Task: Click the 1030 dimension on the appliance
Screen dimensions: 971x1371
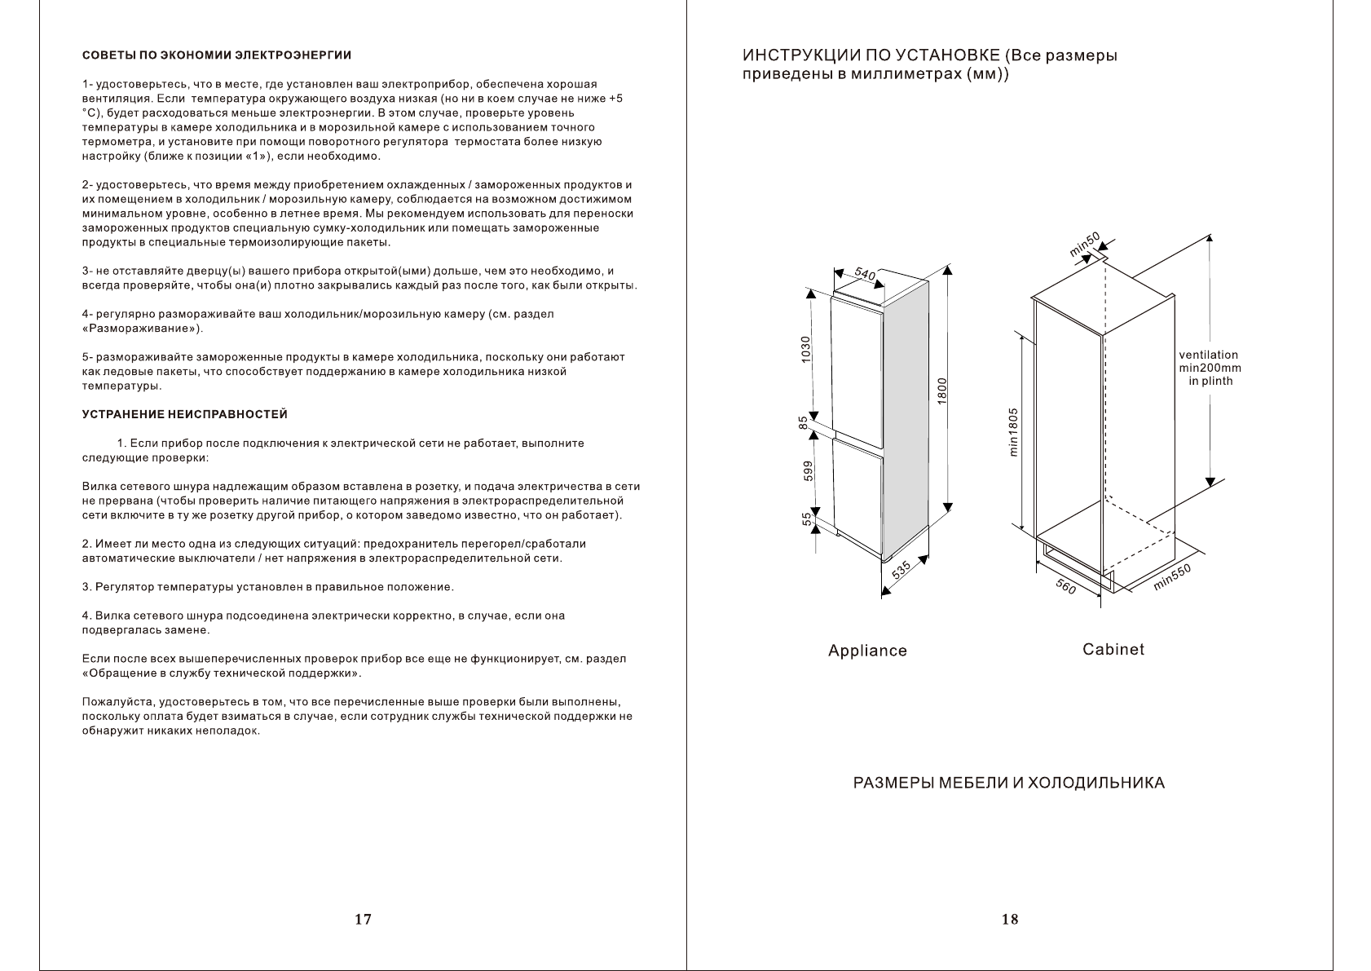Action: pyautogui.click(x=805, y=350)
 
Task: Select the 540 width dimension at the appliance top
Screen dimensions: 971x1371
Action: pyautogui.click(x=865, y=275)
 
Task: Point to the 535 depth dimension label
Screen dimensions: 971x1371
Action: pyautogui.click(x=901, y=571)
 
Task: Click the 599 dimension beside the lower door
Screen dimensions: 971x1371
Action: pyautogui.click(x=807, y=472)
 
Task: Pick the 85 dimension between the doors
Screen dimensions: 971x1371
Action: pyautogui.click(x=804, y=423)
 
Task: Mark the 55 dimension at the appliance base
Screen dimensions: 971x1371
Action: pyautogui.click(x=807, y=519)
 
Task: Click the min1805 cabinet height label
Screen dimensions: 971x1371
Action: pyautogui.click(x=1014, y=432)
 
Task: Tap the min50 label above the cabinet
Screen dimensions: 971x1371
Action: pyautogui.click(x=1085, y=245)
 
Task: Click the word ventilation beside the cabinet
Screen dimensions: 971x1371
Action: pyautogui.click(x=1208, y=355)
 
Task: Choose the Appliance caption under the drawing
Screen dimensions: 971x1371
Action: pyautogui.click(x=867, y=651)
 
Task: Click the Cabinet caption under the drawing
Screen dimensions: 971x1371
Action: pyautogui.click(x=1113, y=649)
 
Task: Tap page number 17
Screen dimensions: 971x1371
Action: pyautogui.click(x=363, y=920)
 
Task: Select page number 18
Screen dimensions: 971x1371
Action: pyautogui.click(x=1009, y=920)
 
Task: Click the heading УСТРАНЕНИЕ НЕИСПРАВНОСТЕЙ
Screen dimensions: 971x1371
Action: pyautogui.click(x=185, y=415)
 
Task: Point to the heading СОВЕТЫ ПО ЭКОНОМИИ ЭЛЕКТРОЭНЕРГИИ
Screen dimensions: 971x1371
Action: pyautogui.click(x=217, y=55)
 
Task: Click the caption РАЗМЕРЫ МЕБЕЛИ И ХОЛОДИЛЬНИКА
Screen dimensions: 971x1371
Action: pyautogui.click(x=1008, y=783)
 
